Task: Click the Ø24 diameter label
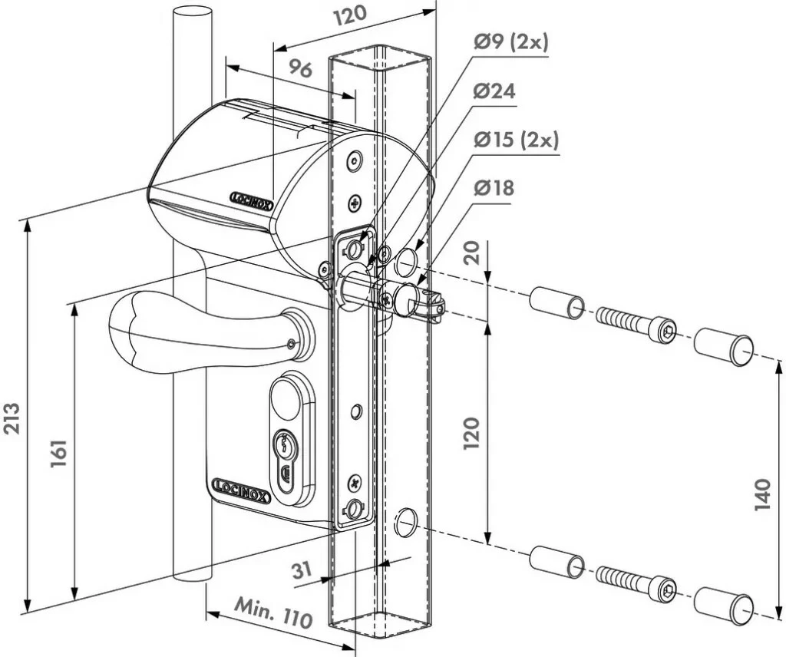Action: coord(494,91)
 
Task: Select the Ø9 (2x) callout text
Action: coord(510,42)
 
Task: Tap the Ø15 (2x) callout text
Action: coord(515,140)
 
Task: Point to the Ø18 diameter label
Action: coord(494,188)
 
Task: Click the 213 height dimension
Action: coord(13,418)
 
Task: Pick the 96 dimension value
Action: coord(300,68)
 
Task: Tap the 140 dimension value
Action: coord(761,496)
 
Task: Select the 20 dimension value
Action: coord(473,253)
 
